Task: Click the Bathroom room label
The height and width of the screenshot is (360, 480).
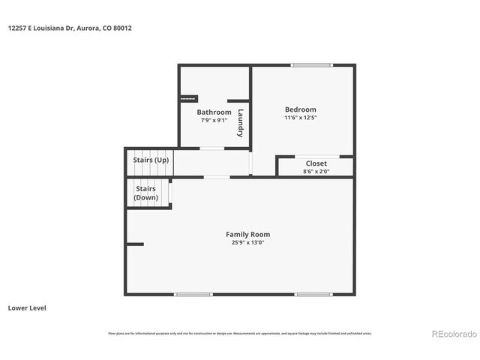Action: [214, 112]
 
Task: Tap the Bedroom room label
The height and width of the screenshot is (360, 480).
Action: [300, 109]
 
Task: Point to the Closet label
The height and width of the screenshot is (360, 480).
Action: [316, 163]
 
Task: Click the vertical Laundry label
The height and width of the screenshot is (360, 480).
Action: [241, 123]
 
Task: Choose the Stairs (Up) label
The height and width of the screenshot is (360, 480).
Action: [151, 160]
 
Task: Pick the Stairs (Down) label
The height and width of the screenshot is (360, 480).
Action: [146, 193]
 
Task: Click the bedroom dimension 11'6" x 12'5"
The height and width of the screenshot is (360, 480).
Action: [300, 118]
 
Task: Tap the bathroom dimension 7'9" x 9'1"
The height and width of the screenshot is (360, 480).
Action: [214, 121]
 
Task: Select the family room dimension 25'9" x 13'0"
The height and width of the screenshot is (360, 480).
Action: [247, 243]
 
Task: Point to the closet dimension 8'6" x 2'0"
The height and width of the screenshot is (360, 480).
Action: [316, 172]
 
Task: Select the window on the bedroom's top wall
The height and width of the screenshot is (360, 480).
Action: [312, 65]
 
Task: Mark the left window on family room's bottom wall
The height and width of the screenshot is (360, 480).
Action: [193, 294]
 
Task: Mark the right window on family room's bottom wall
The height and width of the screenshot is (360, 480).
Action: [313, 294]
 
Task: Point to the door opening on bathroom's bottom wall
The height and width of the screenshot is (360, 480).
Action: [211, 148]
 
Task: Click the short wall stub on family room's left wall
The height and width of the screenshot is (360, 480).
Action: [135, 244]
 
